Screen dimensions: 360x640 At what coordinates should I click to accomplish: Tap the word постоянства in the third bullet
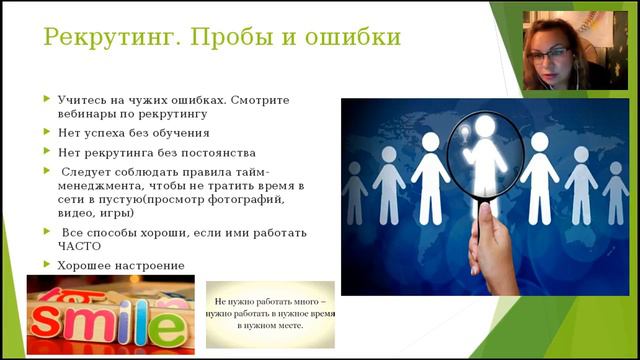pos(220,153)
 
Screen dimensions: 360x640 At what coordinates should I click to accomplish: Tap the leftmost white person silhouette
pos(357,185)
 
